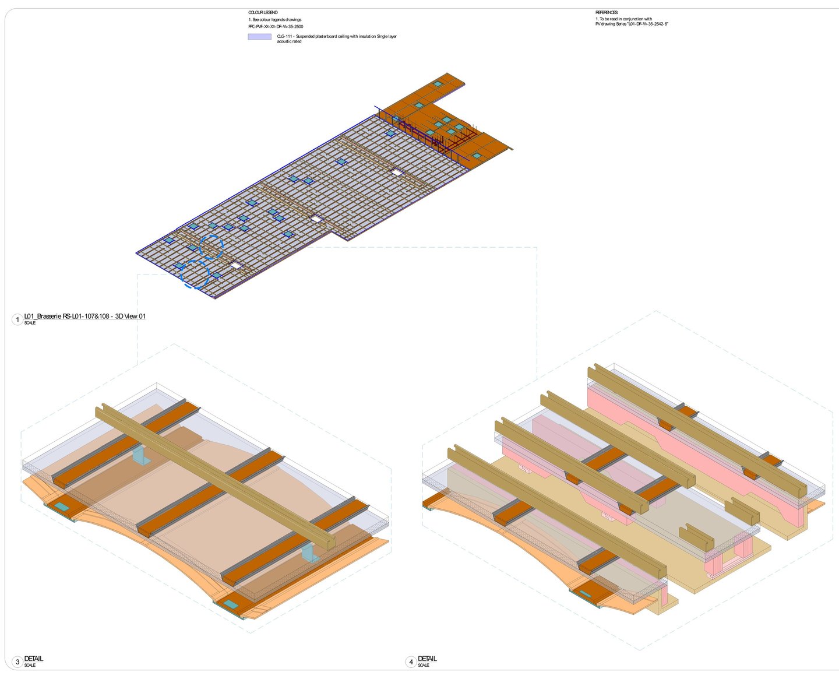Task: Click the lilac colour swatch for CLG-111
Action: coord(259,37)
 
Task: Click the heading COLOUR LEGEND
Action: coord(263,12)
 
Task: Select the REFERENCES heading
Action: coord(607,12)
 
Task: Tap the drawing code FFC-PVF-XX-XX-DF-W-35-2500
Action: coord(276,27)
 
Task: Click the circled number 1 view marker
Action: coord(17,319)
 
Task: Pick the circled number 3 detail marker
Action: coord(17,662)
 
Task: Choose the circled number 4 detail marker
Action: coord(411,662)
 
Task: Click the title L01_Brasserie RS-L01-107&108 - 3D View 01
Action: coord(85,316)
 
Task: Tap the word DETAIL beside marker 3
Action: coord(34,659)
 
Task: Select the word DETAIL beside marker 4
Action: coord(427,659)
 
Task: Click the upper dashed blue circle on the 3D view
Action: coord(211,247)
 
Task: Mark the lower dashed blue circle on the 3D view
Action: coord(195,274)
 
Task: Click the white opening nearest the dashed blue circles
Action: coord(236,265)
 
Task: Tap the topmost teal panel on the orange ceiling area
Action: coord(438,84)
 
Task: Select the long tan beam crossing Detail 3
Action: coord(216,476)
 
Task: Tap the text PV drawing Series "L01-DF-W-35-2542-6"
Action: coord(632,24)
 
